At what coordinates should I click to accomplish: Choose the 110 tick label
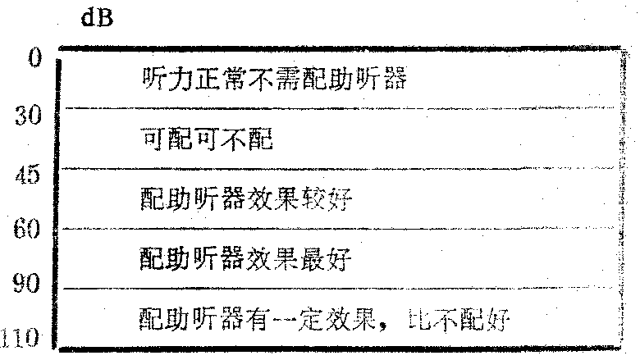[25, 336]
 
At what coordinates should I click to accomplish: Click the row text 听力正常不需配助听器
[275, 80]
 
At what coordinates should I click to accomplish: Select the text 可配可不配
[206, 140]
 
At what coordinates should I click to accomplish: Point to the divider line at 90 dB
[328, 288]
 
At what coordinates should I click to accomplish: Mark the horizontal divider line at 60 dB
[328, 229]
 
